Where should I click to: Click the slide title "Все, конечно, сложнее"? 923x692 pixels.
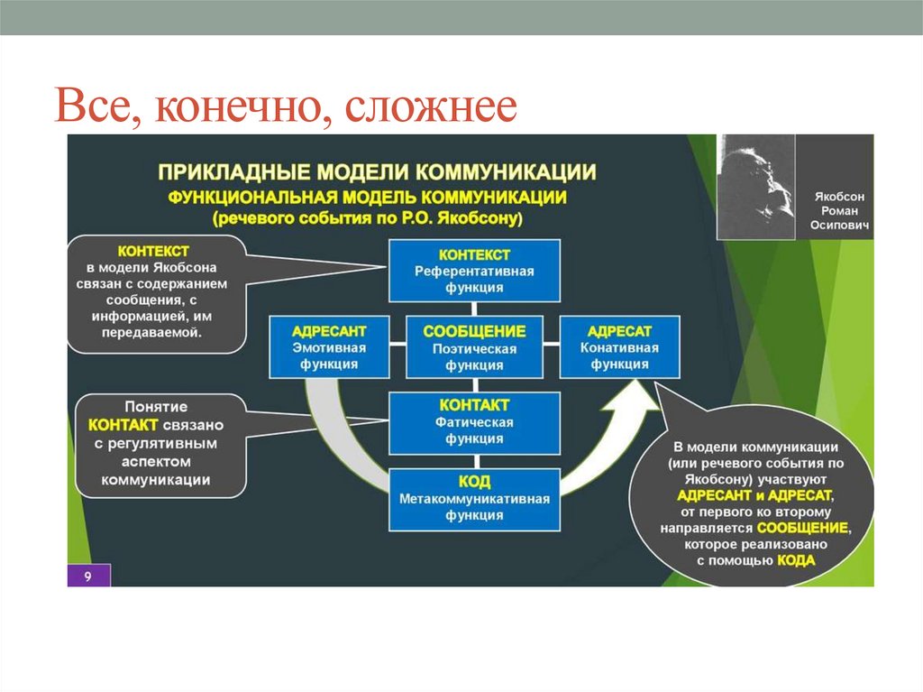(286, 107)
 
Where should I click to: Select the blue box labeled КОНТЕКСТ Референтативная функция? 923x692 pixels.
(474, 271)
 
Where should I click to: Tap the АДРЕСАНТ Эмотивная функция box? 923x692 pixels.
(329, 346)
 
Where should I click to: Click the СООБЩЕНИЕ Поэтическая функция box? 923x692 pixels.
(474, 346)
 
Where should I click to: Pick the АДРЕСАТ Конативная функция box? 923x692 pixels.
(619, 346)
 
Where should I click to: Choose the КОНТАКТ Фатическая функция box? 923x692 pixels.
(474, 422)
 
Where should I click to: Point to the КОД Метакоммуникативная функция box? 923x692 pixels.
(474, 498)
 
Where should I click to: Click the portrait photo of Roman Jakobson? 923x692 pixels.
(755, 187)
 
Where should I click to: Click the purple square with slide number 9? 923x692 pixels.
(88, 576)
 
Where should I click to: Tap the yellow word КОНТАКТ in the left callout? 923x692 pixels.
(124, 424)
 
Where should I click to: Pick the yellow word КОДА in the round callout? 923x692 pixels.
(795, 560)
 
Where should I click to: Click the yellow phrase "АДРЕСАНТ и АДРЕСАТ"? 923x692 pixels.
(756, 496)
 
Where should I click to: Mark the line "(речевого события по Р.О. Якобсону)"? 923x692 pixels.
(368, 218)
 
